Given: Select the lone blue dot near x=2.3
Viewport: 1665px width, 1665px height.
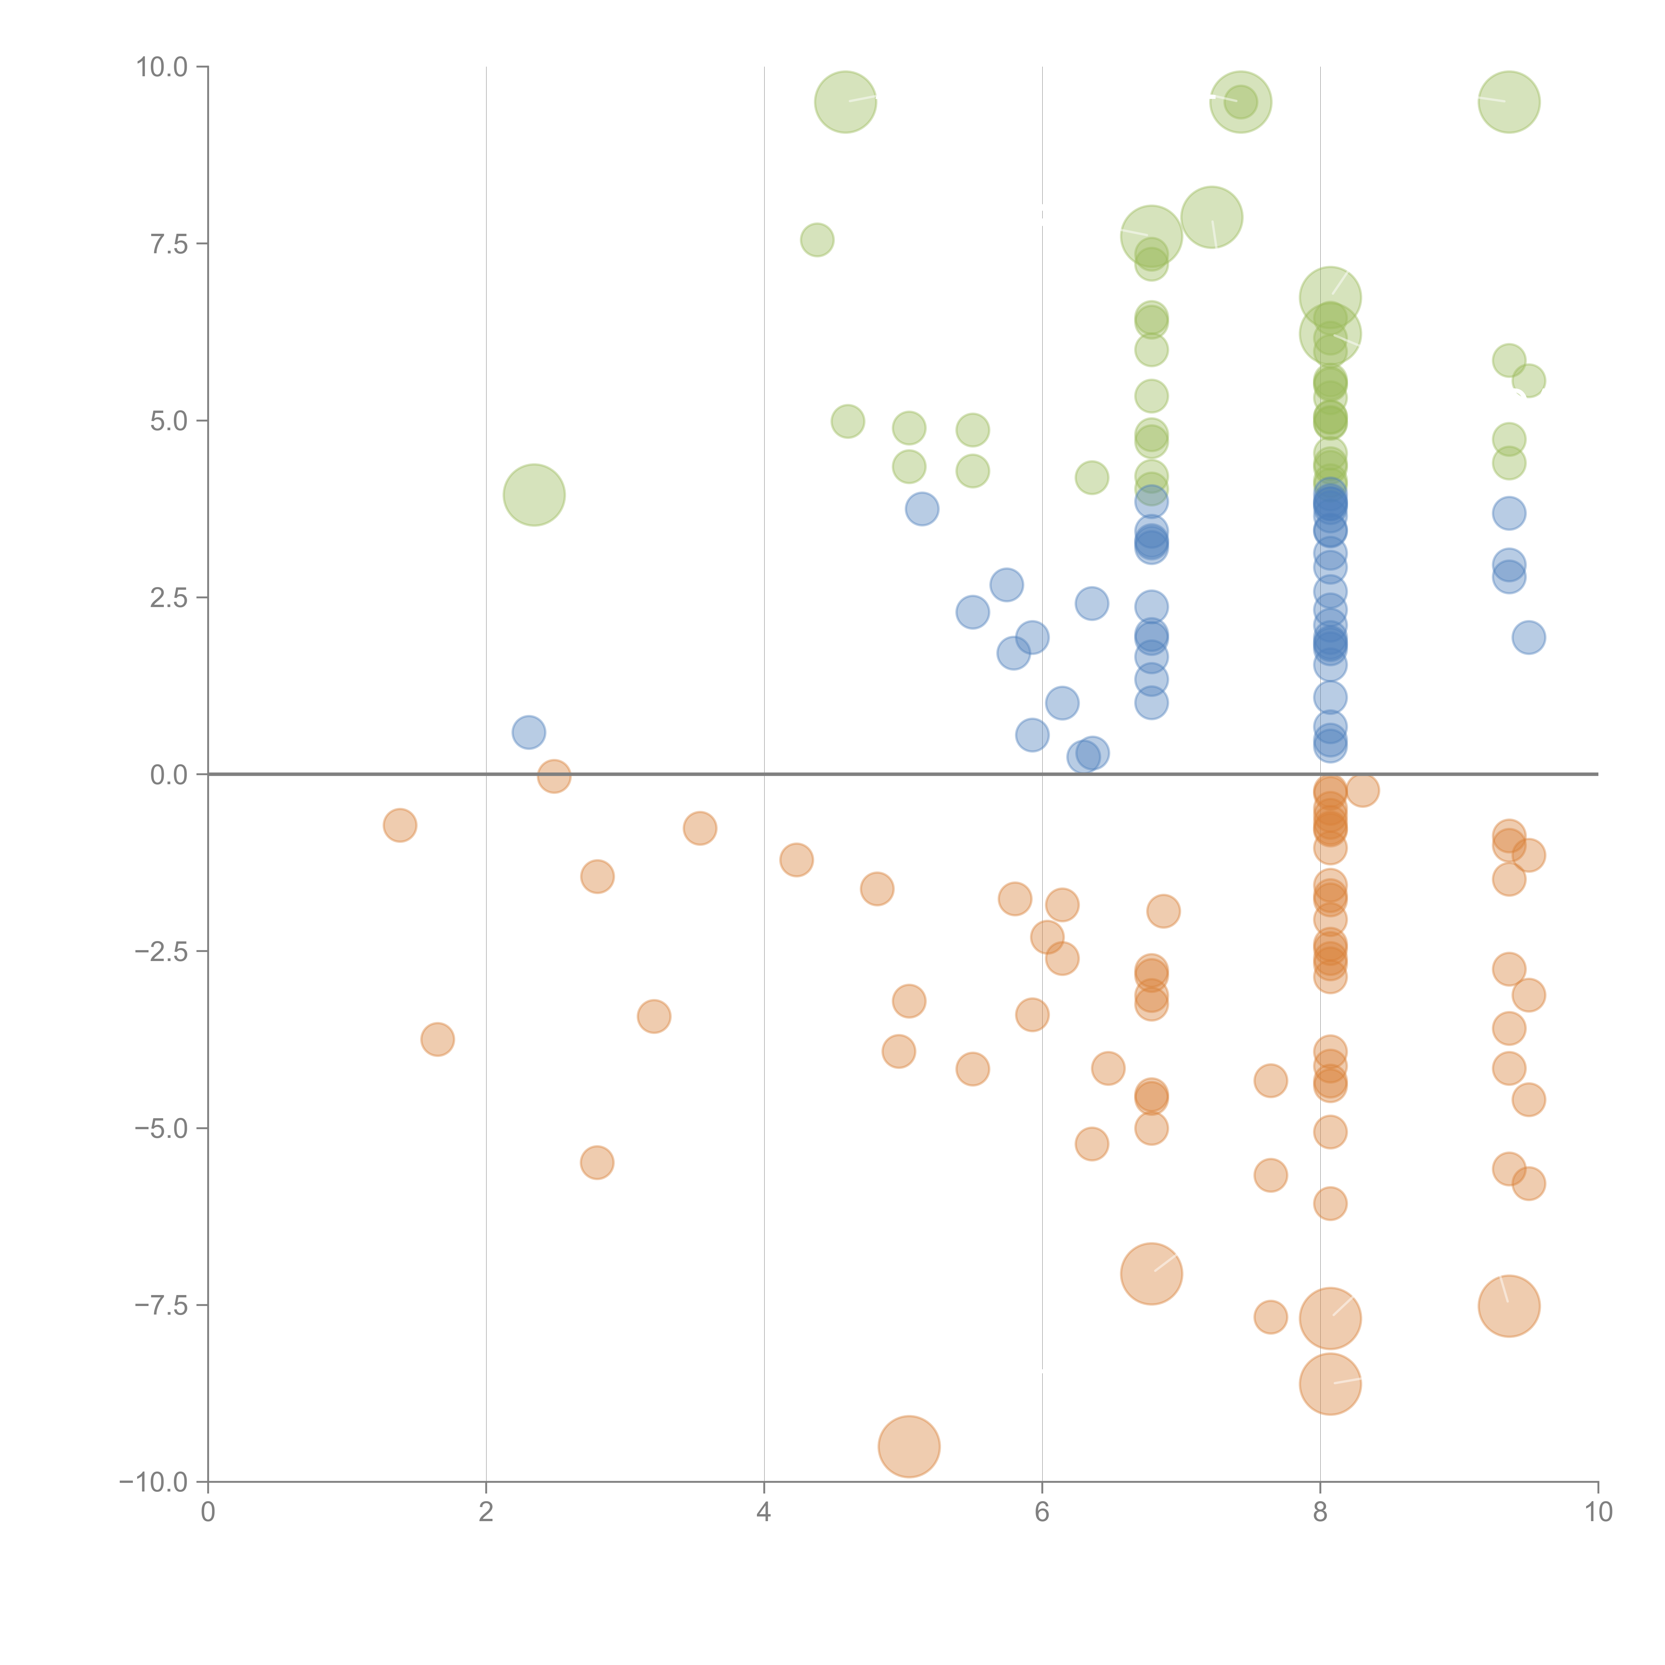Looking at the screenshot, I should [528, 733].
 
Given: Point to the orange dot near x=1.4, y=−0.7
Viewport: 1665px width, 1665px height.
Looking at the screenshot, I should [400, 826].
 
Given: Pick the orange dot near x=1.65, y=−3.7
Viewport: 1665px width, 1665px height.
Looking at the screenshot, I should [438, 1039].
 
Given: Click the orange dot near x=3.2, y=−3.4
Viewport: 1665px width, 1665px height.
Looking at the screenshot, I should [654, 1017].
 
